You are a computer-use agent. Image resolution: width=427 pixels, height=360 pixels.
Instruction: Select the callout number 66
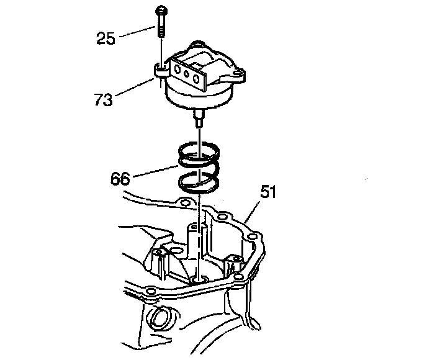point(122,179)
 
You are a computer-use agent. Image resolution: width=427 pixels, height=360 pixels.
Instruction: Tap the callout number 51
point(268,194)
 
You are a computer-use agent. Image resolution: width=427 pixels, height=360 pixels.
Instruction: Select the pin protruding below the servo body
point(199,117)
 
